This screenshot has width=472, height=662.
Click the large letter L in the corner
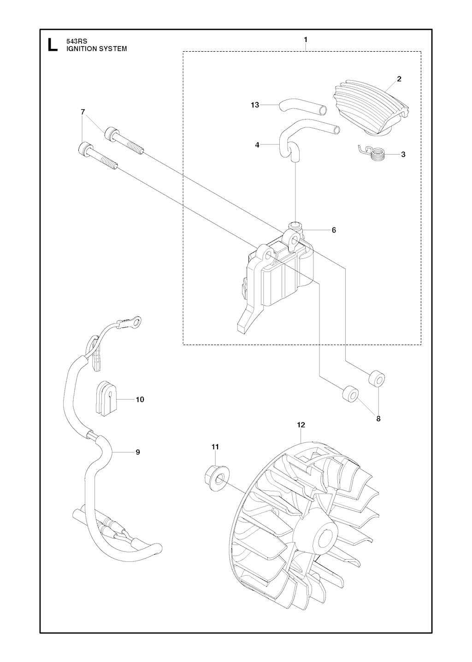click(x=53, y=45)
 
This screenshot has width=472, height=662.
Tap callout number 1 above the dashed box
click(x=306, y=39)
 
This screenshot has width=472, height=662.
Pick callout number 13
click(x=254, y=105)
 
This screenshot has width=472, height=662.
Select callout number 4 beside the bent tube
click(x=257, y=145)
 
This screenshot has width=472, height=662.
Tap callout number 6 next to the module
click(x=334, y=230)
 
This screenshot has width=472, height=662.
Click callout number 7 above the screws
click(x=83, y=112)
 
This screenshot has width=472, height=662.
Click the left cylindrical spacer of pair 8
click(x=350, y=393)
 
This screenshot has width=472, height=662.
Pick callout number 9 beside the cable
click(x=137, y=460)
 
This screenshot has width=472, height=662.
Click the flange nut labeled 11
click(x=217, y=479)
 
